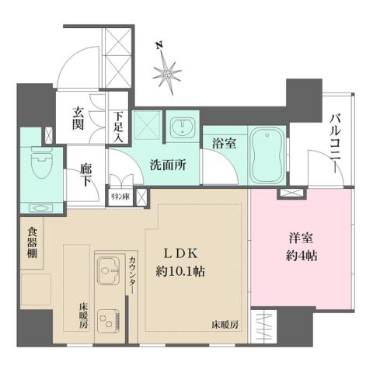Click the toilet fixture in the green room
[x=37, y=165]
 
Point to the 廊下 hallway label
[x=86, y=173]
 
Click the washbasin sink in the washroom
[x=181, y=127]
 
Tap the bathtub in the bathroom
[x=263, y=152]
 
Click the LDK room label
[x=185, y=253]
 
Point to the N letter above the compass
[x=159, y=44]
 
